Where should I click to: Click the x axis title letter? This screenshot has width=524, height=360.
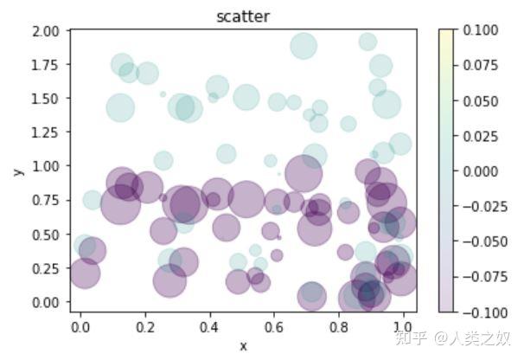(243, 346)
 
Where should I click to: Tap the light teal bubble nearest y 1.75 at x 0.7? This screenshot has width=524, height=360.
(304, 46)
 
